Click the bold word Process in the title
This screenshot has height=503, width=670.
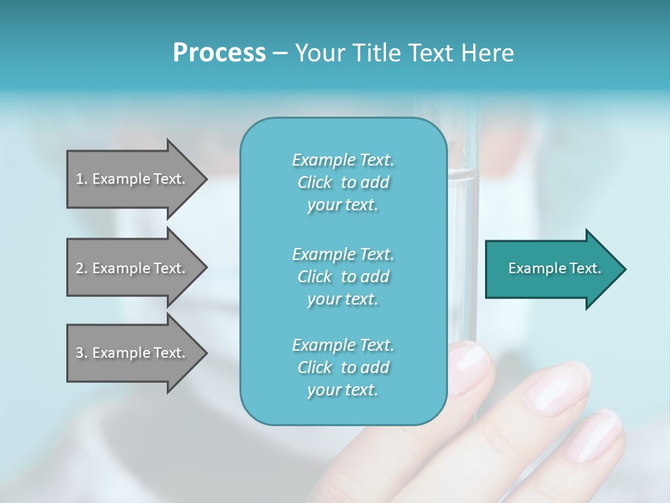(x=219, y=52)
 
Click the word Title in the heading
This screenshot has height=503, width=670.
(x=377, y=52)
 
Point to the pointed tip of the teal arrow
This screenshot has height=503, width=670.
(x=623, y=269)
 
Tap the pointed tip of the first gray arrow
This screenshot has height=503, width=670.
(x=204, y=179)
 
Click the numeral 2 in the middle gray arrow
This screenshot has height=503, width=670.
(x=80, y=268)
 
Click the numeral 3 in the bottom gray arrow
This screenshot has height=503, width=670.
(x=80, y=353)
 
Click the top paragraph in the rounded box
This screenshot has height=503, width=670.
(x=343, y=182)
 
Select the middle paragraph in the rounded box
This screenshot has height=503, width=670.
(x=343, y=276)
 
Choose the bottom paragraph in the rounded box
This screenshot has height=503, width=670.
(x=343, y=367)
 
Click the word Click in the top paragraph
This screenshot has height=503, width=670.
(x=314, y=182)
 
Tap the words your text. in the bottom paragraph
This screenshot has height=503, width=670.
(x=343, y=390)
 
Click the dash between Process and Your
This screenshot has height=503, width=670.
(x=280, y=53)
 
